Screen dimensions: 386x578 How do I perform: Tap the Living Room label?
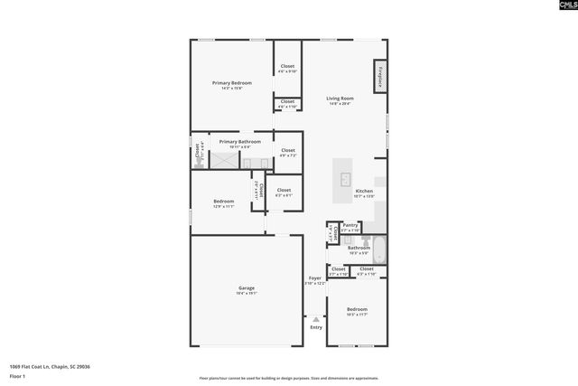[x=340, y=99]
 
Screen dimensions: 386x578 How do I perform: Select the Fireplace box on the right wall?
[x=380, y=78]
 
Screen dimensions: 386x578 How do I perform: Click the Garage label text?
[x=246, y=287]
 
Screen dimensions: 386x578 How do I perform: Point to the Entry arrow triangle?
[x=315, y=318]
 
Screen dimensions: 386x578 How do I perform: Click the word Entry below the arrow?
[x=315, y=327]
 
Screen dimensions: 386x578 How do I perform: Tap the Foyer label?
[x=314, y=278]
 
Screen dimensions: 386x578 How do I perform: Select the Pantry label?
[x=350, y=226]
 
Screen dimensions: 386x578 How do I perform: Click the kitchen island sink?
[x=344, y=180]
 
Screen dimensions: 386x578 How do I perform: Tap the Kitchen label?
[x=364, y=192]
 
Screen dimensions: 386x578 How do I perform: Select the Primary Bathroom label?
[x=239, y=142]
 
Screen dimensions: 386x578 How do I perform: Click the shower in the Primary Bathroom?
[x=223, y=160]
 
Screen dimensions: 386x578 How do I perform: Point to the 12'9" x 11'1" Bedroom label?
[x=223, y=202]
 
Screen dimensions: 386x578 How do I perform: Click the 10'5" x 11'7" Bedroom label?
[x=357, y=310]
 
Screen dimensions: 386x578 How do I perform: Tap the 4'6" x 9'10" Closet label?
[x=287, y=67]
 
